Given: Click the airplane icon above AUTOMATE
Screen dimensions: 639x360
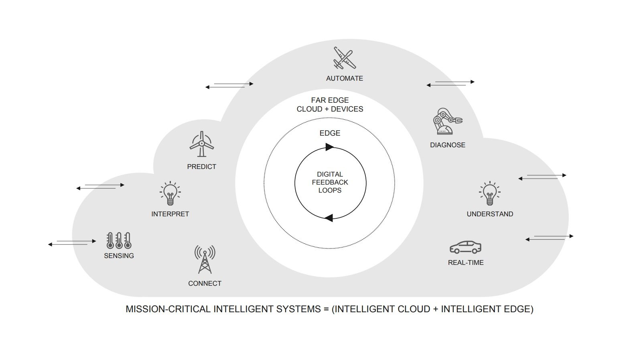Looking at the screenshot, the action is (345, 58).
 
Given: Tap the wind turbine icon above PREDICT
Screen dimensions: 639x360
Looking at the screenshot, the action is (202, 144).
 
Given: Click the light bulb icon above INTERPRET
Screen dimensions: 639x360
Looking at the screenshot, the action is (170, 193).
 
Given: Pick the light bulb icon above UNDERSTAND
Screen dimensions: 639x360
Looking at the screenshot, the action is (490, 193).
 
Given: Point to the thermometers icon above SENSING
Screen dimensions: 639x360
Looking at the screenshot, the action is (119, 240).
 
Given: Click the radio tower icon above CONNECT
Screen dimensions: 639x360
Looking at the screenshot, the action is (205, 260).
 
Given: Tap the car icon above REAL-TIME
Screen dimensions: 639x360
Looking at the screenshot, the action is (466, 247).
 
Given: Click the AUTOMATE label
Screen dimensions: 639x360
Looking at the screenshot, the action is (345, 79).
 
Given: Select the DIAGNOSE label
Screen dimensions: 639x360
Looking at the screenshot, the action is (448, 145).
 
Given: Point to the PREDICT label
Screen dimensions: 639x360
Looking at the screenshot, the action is (202, 167).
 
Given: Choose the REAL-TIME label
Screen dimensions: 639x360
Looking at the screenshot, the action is (466, 262).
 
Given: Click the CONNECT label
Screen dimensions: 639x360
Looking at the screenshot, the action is (205, 283).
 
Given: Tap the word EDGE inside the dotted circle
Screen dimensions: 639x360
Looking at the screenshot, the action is (330, 133).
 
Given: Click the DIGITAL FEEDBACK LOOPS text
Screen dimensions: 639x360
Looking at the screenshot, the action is (330, 183).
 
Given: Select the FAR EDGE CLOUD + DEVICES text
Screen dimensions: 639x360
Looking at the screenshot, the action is (330, 105).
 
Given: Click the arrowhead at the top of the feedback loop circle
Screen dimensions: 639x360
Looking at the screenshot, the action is (329, 147).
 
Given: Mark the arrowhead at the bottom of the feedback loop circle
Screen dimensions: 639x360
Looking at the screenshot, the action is (329, 218).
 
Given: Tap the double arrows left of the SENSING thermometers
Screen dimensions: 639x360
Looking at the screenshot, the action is (72, 243).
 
